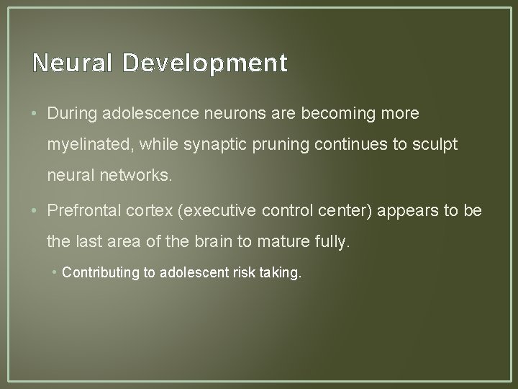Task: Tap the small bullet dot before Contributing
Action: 56,272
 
